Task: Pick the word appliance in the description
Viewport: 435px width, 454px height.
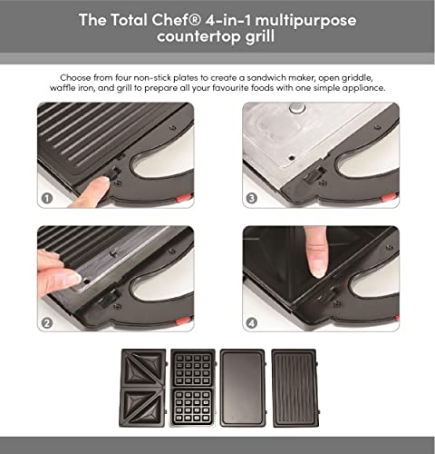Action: coord(358,89)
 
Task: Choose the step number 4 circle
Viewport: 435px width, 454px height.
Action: coord(251,321)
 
